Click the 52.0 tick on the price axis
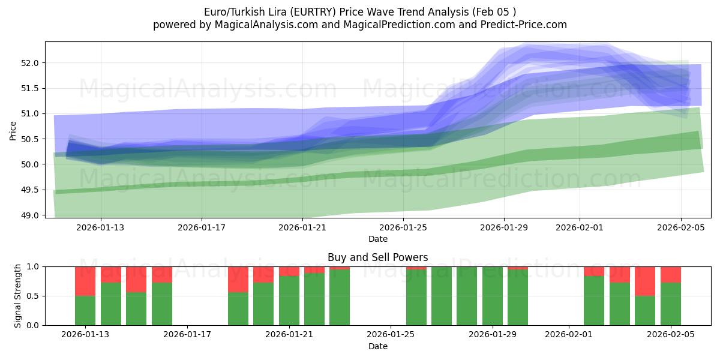coord(31,63)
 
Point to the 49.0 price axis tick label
coord(31,215)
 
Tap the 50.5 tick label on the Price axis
coord(31,139)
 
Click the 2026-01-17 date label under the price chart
coord(202,228)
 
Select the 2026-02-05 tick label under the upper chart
coord(680,228)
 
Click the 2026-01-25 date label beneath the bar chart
coord(391,335)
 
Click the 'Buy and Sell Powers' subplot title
coord(377,257)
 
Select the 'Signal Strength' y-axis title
coord(18,296)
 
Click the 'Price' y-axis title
coord(13,130)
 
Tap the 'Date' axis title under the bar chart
coord(377,346)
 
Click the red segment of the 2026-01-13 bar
coord(85,281)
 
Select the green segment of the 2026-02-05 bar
coord(671,304)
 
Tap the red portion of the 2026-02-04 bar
coord(645,281)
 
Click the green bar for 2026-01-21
coord(289,301)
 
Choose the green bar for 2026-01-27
coord(442,296)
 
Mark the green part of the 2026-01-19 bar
coord(238,309)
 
